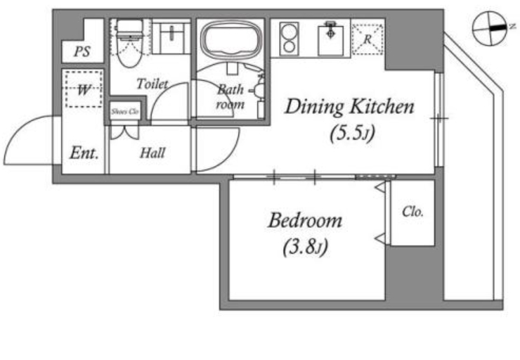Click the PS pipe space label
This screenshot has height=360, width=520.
pyautogui.click(x=82, y=51)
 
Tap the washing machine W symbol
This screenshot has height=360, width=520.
pyautogui.click(x=84, y=89)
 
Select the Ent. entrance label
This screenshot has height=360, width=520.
pyautogui.click(x=84, y=153)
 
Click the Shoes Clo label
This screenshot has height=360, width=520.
pyautogui.click(x=124, y=112)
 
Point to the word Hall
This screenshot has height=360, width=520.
pyautogui.click(x=152, y=153)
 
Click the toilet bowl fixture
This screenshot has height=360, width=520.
pyautogui.click(x=129, y=43)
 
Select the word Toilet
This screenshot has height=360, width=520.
pyautogui.click(x=152, y=84)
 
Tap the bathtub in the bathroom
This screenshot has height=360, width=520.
pyautogui.click(x=230, y=40)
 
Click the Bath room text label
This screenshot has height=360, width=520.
pyautogui.click(x=230, y=96)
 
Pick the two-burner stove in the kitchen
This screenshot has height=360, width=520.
pyautogui.click(x=290, y=39)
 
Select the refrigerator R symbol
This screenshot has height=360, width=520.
pyautogui.click(x=367, y=39)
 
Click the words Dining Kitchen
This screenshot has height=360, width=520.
pyautogui.click(x=349, y=107)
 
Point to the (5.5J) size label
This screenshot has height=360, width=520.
pyautogui.click(x=352, y=133)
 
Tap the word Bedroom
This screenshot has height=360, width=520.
pyautogui.click(x=305, y=220)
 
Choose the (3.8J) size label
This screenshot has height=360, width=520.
pyautogui.click(x=305, y=247)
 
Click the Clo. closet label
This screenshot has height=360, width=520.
pyautogui.click(x=412, y=212)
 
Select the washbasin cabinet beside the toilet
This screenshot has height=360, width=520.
pyautogui.click(x=171, y=37)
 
